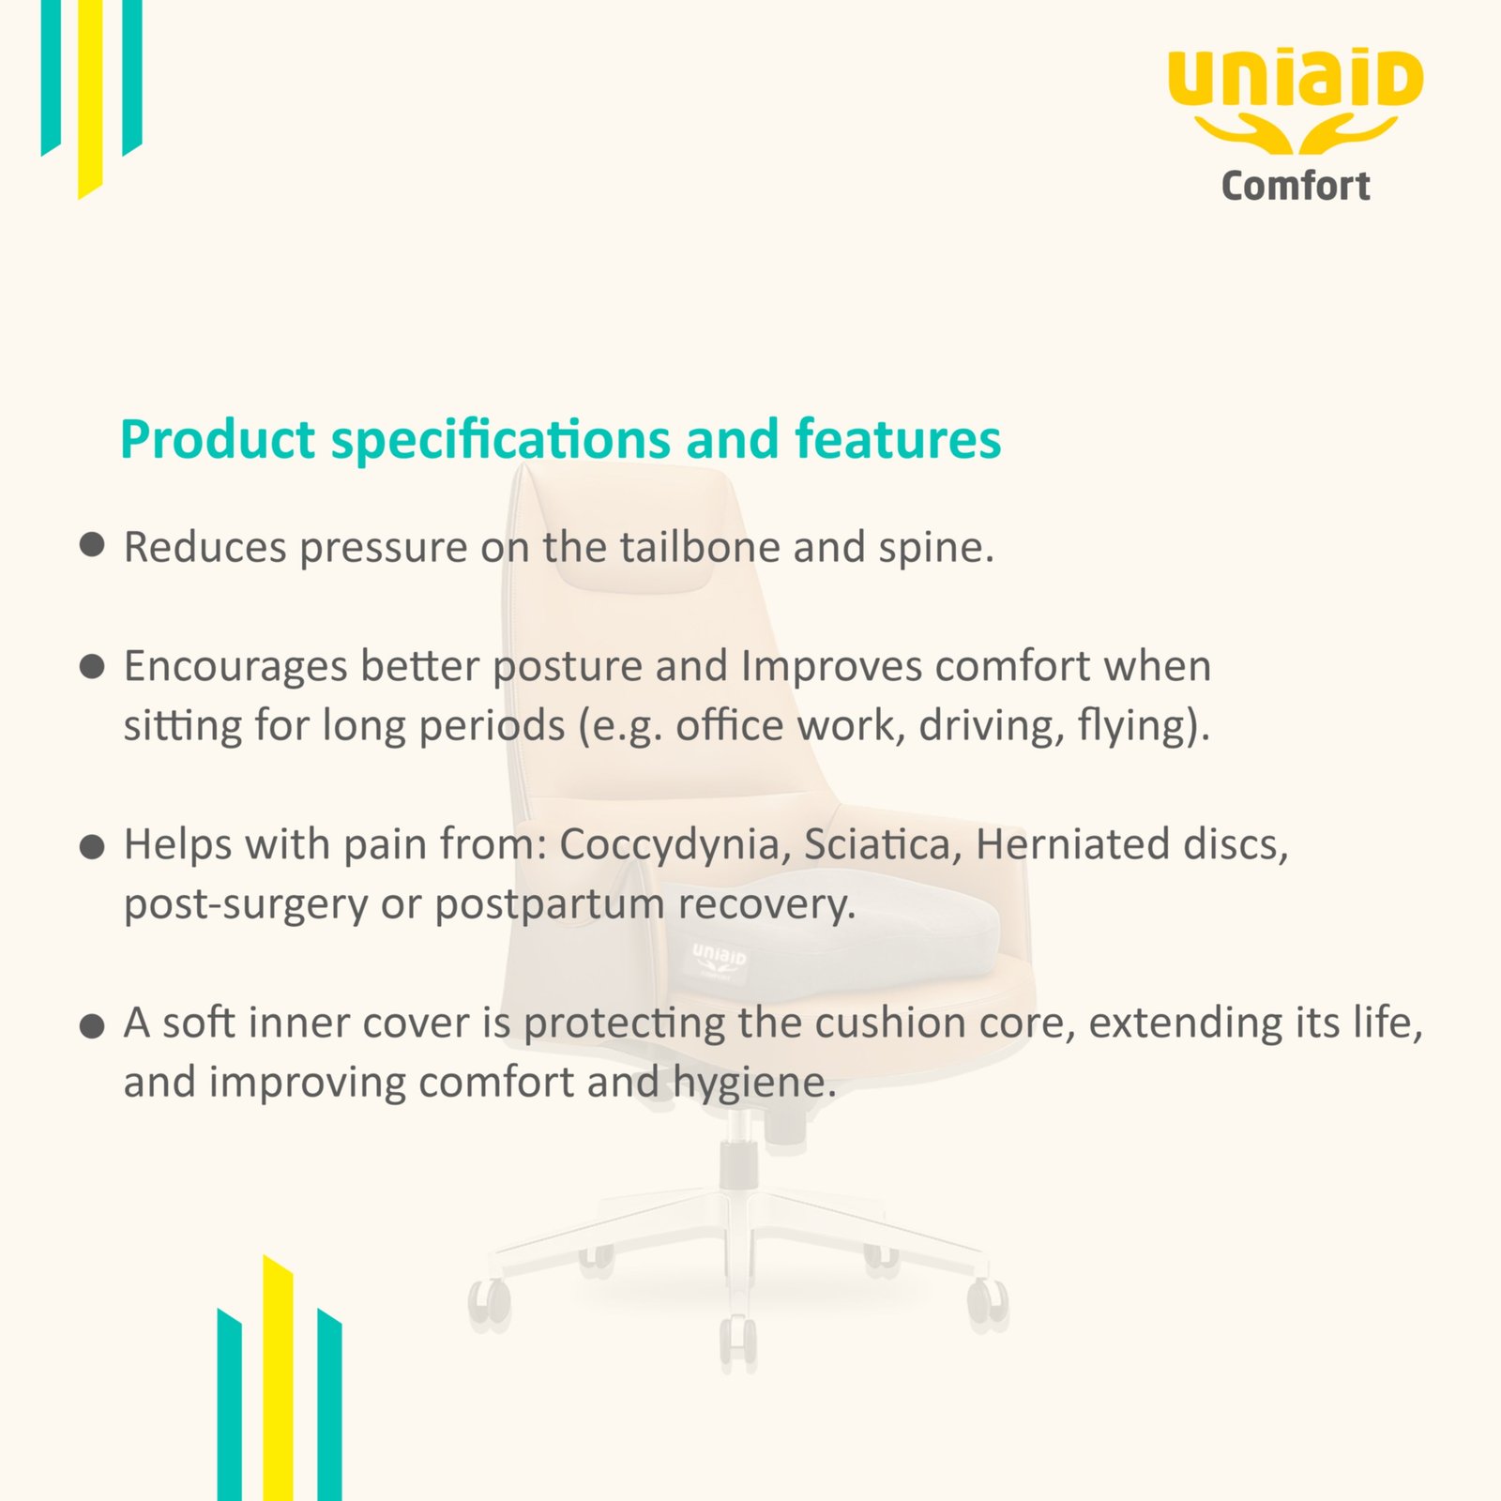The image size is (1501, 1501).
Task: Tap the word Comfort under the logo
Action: pos(1296,186)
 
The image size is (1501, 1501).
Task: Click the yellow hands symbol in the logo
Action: pos(1296,134)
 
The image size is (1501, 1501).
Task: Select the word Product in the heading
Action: pos(218,439)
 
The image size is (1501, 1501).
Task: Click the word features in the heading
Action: pos(898,439)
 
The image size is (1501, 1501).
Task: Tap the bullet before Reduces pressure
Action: pos(92,546)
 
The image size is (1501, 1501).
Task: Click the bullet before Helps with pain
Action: pos(92,848)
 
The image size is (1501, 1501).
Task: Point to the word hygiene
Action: pos(754,1084)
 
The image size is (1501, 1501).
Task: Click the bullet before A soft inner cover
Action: pos(92,1026)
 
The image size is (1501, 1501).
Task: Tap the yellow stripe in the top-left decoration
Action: pos(90,99)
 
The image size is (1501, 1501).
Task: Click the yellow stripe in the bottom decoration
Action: pos(278,1379)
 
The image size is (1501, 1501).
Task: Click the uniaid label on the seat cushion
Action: pos(720,957)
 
